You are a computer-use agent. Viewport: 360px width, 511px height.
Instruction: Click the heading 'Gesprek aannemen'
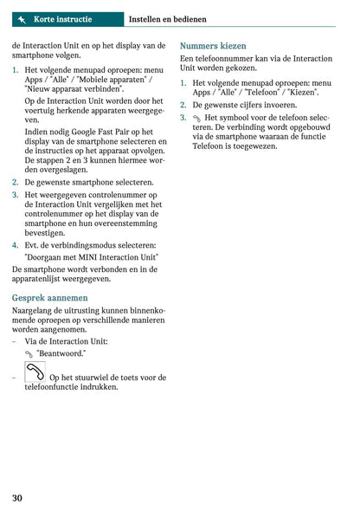coord(49,297)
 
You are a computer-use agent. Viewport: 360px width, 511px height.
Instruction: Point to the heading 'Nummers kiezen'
coord(213,45)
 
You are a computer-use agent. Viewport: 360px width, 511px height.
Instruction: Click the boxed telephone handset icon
coord(35,373)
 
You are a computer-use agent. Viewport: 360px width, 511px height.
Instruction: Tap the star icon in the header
coord(21,18)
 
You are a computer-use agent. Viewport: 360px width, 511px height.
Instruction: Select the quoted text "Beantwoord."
coord(61,353)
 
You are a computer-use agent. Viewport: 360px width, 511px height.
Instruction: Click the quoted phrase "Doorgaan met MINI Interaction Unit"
coord(92,257)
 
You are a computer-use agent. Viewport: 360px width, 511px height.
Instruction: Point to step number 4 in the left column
coord(16,245)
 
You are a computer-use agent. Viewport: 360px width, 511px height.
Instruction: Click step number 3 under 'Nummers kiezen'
coord(183,117)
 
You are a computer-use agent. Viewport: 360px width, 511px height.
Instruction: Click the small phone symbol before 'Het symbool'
coord(196,118)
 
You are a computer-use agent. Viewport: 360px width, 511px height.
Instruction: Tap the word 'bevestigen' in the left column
coord(45,233)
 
